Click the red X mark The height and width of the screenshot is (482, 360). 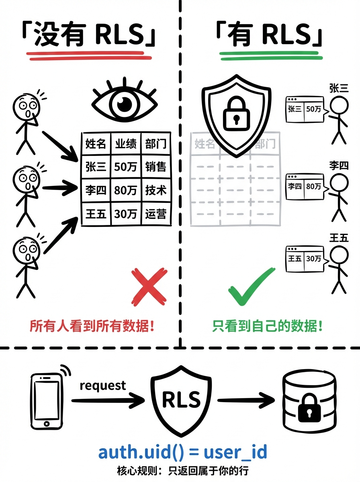[x=149, y=287]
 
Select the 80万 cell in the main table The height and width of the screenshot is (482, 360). [x=125, y=190]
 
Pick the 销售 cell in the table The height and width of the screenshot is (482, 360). [x=156, y=166]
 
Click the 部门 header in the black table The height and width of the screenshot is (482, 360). [x=156, y=143]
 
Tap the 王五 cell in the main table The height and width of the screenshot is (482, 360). [x=96, y=213]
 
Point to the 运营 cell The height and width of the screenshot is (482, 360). [x=156, y=213]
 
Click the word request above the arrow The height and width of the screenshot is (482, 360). [x=103, y=386]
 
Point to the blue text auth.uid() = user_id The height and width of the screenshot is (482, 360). [x=182, y=451]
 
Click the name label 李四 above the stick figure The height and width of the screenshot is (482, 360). [x=338, y=165]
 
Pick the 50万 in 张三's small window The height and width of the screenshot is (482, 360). [x=314, y=109]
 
